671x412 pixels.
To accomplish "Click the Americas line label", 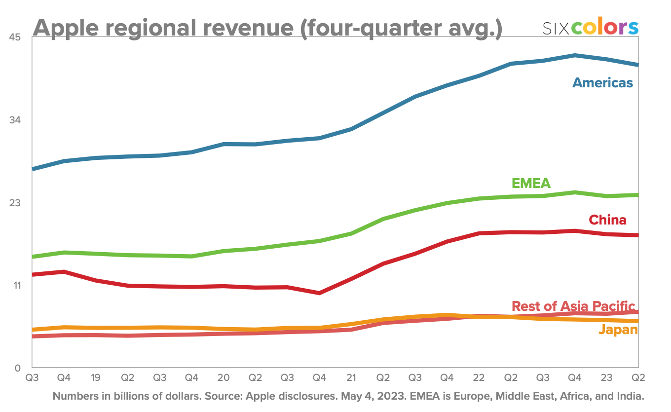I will click(x=602, y=82).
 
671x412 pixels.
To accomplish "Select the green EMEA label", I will click(x=531, y=184).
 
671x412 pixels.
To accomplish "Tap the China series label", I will click(x=607, y=220).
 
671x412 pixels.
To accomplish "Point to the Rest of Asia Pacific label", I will click(x=573, y=306).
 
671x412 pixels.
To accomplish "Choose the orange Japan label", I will click(x=618, y=330).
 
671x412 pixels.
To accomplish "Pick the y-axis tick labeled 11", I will click(x=16, y=285).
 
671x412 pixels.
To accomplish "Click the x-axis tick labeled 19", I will click(x=96, y=377).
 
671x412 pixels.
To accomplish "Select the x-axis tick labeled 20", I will click(x=224, y=377).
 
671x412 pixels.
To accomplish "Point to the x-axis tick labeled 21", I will click(x=351, y=377).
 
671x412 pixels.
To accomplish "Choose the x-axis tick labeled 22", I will click(x=479, y=377).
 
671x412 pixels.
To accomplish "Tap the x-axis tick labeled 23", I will click(x=606, y=377).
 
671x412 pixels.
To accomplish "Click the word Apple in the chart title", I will click(x=66, y=28).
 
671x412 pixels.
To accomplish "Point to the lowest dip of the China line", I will click(x=319, y=293).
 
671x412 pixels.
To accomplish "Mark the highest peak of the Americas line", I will click(x=575, y=55).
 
